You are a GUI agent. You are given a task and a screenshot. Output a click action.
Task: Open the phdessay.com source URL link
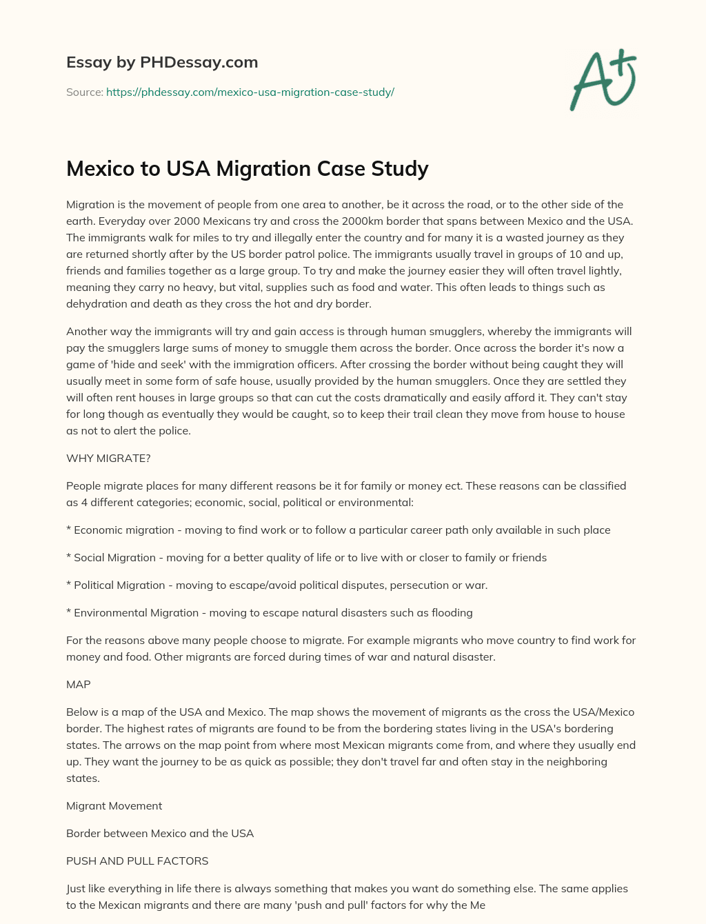[x=250, y=92]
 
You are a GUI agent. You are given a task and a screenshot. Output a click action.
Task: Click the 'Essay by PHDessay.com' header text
[x=162, y=62]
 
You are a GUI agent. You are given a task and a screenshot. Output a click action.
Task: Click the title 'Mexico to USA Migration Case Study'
[x=247, y=168]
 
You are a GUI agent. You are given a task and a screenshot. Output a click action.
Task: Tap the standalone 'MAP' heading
[x=79, y=684]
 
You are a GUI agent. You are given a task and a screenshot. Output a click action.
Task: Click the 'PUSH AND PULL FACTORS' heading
[x=137, y=861]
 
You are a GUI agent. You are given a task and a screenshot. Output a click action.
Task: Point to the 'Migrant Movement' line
[x=114, y=805]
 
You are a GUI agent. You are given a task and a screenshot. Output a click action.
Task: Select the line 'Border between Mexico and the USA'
[x=160, y=833]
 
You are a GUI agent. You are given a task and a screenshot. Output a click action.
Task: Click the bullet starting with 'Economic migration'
[x=338, y=530]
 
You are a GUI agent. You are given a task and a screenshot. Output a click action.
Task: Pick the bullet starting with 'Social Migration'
[x=306, y=557]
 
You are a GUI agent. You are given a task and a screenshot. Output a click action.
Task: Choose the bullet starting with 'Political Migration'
[x=276, y=585]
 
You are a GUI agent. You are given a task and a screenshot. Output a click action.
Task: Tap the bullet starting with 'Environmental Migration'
[x=269, y=612]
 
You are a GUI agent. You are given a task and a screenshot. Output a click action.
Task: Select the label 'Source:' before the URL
[x=84, y=92]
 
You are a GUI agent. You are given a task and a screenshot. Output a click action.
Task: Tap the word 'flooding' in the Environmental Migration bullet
[x=452, y=612]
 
